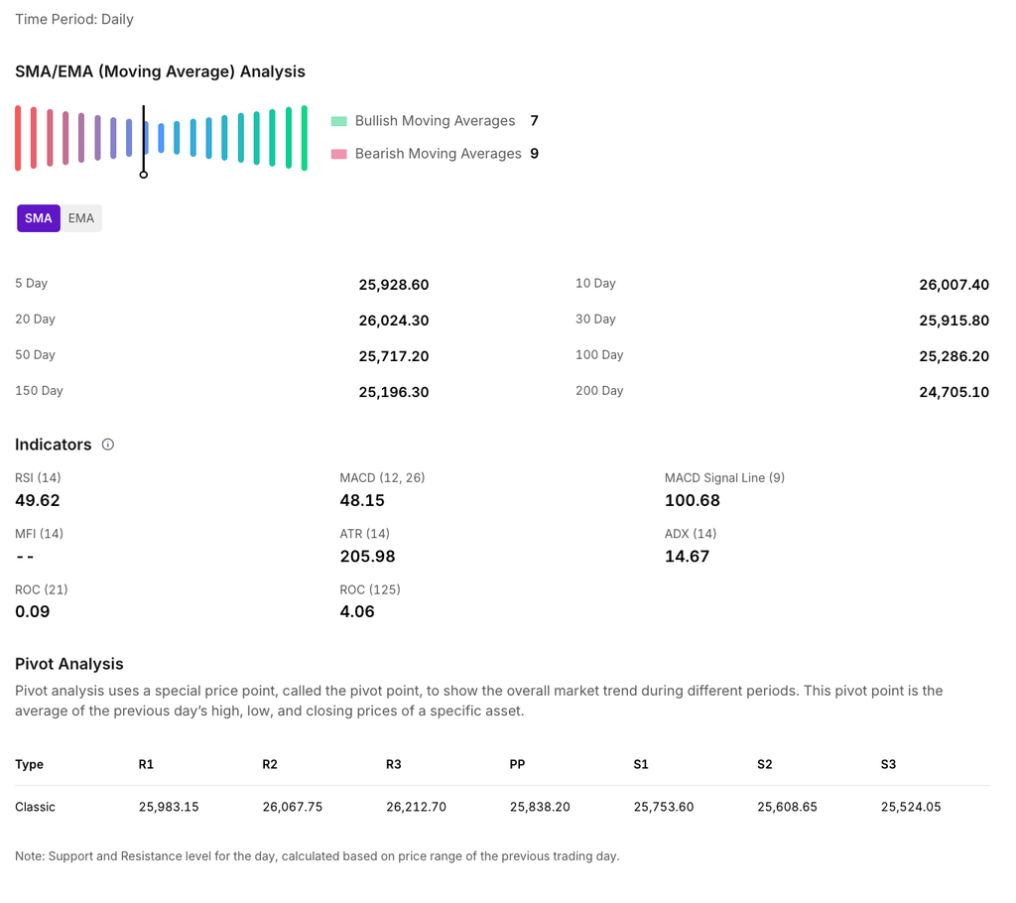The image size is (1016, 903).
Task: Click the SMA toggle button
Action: point(39,218)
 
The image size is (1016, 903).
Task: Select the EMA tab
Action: point(81,218)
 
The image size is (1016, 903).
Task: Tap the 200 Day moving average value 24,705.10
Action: point(953,392)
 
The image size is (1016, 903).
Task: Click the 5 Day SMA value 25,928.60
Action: point(393,285)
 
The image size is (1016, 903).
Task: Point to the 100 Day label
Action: point(599,355)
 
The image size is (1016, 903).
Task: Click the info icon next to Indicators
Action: point(108,445)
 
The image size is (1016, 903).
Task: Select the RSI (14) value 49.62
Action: point(38,500)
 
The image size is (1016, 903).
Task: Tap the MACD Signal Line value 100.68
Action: point(692,500)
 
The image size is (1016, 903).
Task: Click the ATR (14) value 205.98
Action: point(367,556)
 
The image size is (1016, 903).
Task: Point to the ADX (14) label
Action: point(691,534)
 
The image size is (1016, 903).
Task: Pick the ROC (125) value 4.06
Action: point(357,611)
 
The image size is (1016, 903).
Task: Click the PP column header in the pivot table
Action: point(517,764)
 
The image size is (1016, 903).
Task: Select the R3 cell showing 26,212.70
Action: point(416,807)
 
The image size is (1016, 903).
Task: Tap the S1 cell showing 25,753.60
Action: point(663,807)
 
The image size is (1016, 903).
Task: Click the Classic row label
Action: point(35,807)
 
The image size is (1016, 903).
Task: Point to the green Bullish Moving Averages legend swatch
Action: point(338,121)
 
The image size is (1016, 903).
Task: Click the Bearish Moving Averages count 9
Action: point(534,154)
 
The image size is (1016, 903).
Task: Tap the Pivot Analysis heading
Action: point(69,664)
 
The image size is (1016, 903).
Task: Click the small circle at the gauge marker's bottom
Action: point(144,175)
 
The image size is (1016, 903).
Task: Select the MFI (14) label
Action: point(39,534)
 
